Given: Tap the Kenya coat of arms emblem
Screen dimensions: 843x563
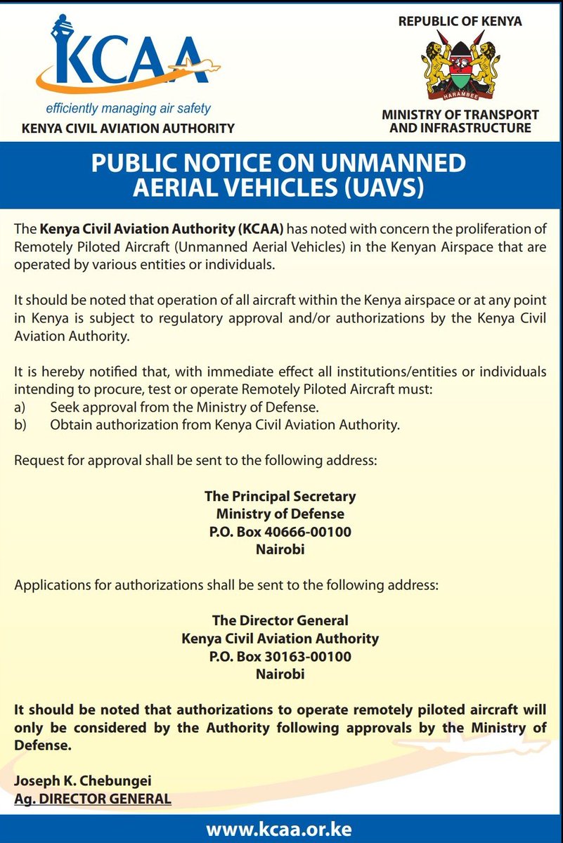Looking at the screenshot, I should pos(460,67).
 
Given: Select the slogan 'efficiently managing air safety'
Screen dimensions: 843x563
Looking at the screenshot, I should pos(129,109).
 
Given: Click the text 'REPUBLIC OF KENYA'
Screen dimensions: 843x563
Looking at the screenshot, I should pos(460,21).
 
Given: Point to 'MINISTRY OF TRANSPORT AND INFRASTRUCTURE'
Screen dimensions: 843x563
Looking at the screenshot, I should pos(460,121).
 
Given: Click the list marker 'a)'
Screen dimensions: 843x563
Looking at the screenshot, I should pos(20,407).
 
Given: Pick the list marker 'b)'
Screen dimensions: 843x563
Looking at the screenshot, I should pos(20,424).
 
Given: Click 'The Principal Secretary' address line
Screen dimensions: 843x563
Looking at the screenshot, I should pos(280,496).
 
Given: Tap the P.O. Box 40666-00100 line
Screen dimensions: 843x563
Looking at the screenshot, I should pos(280,532).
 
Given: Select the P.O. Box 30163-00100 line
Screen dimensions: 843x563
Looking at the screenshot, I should pos(280,657).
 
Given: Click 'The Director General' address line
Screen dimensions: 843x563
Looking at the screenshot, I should pos(280,621).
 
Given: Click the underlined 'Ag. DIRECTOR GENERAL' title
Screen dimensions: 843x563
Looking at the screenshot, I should pos(93,799).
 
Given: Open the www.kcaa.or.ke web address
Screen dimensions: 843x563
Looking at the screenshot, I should pos(281,828).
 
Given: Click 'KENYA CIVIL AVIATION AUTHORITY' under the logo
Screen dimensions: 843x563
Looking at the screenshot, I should pos(128,129).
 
